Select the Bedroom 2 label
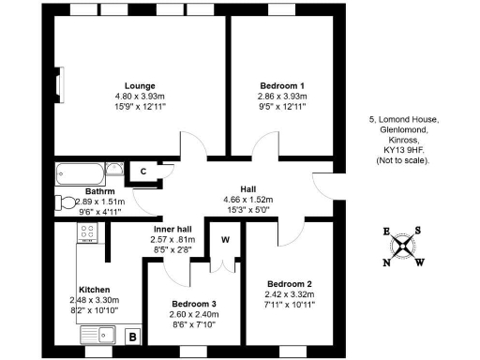pyautogui.click(x=290, y=284)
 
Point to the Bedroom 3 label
pyautogui.click(x=193, y=304)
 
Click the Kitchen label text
pyautogui.click(x=96, y=290)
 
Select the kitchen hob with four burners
pyautogui.click(x=86, y=235)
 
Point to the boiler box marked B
pyautogui.click(x=132, y=336)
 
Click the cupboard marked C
pyautogui.click(x=142, y=171)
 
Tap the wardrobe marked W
pyautogui.click(x=225, y=240)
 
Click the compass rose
pyautogui.click(x=402, y=247)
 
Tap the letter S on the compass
pyautogui.click(x=419, y=231)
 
